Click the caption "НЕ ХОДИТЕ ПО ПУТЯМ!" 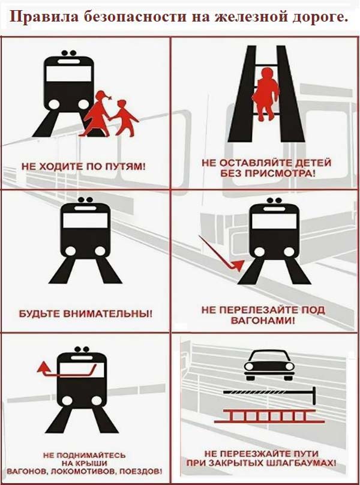click(83, 166)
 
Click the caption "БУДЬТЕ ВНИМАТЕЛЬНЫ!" click(86, 314)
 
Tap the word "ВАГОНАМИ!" click(263, 321)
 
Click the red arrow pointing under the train click(221, 253)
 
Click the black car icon click(269, 366)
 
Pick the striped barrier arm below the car click(269, 393)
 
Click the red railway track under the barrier click(269, 416)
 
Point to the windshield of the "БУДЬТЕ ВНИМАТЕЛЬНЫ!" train click(85, 220)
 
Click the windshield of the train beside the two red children click(68, 74)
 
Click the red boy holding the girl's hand click(123, 117)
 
